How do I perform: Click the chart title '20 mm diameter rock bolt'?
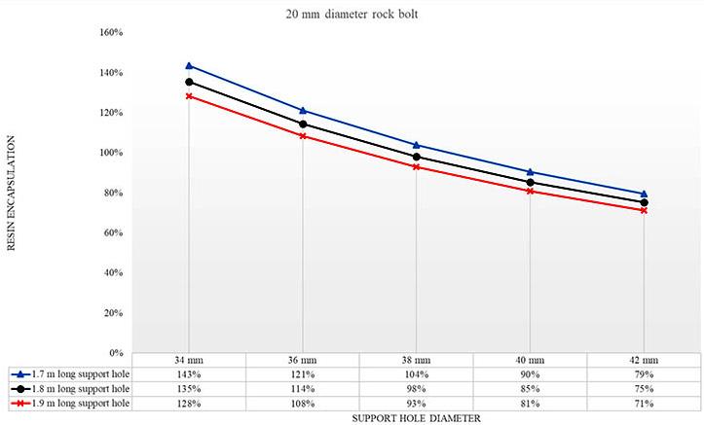pyautogui.click(x=352, y=14)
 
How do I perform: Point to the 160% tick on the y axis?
pyautogui.click(x=111, y=32)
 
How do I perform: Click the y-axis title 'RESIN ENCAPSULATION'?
pyautogui.click(x=12, y=193)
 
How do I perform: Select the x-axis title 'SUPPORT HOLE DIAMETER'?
pyautogui.click(x=416, y=418)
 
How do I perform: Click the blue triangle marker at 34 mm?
pyautogui.click(x=189, y=66)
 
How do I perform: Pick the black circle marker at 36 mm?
pyautogui.click(x=303, y=124)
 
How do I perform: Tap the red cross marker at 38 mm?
pyautogui.click(x=416, y=166)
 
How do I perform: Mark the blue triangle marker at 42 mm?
pyautogui.click(x=644, y=194)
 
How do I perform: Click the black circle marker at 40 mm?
pyautogui.click(x=531, y=183)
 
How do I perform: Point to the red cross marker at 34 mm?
pyautogui.click(x=189, y=96)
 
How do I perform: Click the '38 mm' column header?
pyautogui.click(x=416, y=360)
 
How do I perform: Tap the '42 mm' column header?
pyautogui.click(x=644, y=360)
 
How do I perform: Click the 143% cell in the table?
pyautogui.click(x=189, y=374)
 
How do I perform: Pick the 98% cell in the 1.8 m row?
pyautogui.click(x=416, y=389)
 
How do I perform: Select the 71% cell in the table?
pyautogui.click(x=644, y=404)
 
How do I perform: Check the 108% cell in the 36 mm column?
pyautogui.click(x=303, y=404)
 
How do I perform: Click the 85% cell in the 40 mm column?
pyautogui.click(x=531, y=389)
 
